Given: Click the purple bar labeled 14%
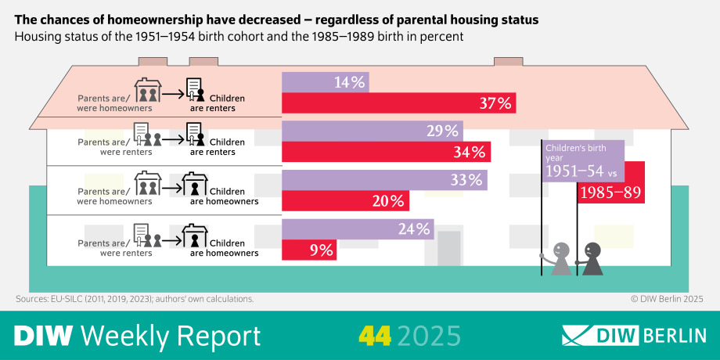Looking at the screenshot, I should (325, 82).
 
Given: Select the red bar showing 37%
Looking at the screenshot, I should (398, 103).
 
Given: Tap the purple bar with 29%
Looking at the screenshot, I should (372, 131).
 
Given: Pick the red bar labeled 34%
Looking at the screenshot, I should (386, 152).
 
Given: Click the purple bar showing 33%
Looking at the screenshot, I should (384, 180).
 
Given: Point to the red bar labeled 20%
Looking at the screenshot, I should (345, 201).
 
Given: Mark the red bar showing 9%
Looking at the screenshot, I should (310, 250).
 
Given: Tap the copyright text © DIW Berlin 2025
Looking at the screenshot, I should (667, 299).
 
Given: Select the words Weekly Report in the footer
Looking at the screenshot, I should (171, 336).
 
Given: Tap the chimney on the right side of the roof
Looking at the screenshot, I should (508, 62).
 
